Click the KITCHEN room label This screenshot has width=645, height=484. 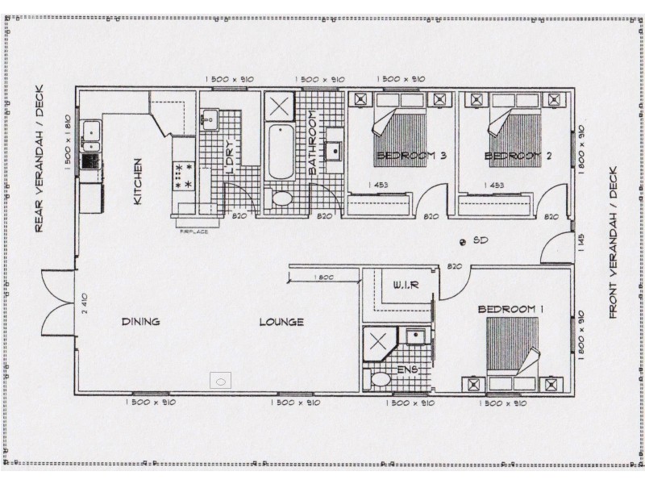coord(138,181)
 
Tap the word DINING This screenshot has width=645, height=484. coord(140,322)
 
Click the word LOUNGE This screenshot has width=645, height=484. coord(281,322)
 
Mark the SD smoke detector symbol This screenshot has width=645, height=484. coord(462,241)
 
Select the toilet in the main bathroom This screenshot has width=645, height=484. coord(283,198)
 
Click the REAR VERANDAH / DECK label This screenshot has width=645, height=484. coord(39,159)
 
